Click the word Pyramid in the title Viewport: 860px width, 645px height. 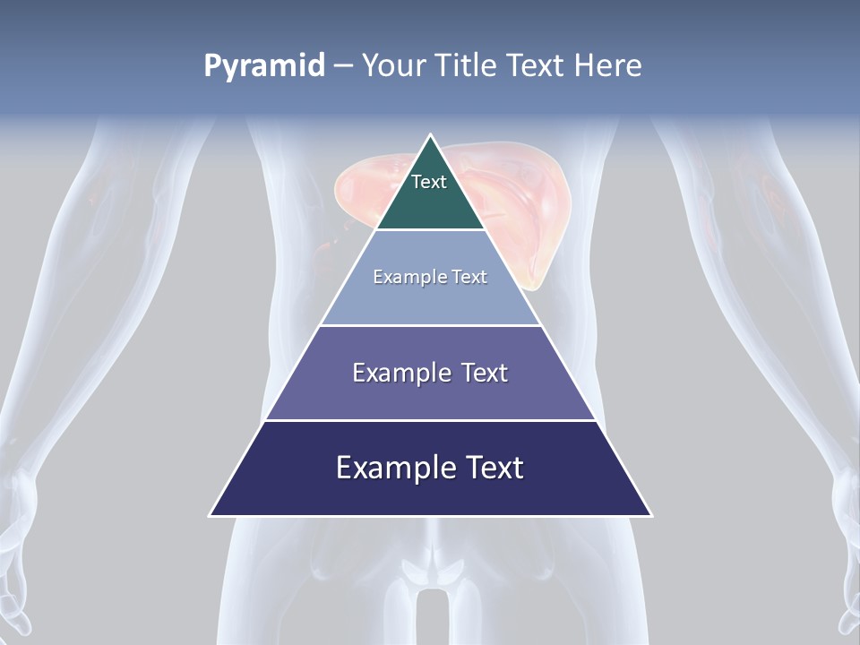click(x=264, y=66)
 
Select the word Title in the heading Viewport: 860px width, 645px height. click(x=468, y=66)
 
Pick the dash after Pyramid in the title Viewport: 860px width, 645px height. click(x=343, y=66)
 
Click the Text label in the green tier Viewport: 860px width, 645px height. click(x=429, y=182)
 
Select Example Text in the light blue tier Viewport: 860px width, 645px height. click(x=430, y=277)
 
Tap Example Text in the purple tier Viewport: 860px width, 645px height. click(x=430, y=373)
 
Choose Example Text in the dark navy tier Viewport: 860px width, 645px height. click(x=430, y=468)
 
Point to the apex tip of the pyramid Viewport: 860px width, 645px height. click(x=431, y=136)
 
